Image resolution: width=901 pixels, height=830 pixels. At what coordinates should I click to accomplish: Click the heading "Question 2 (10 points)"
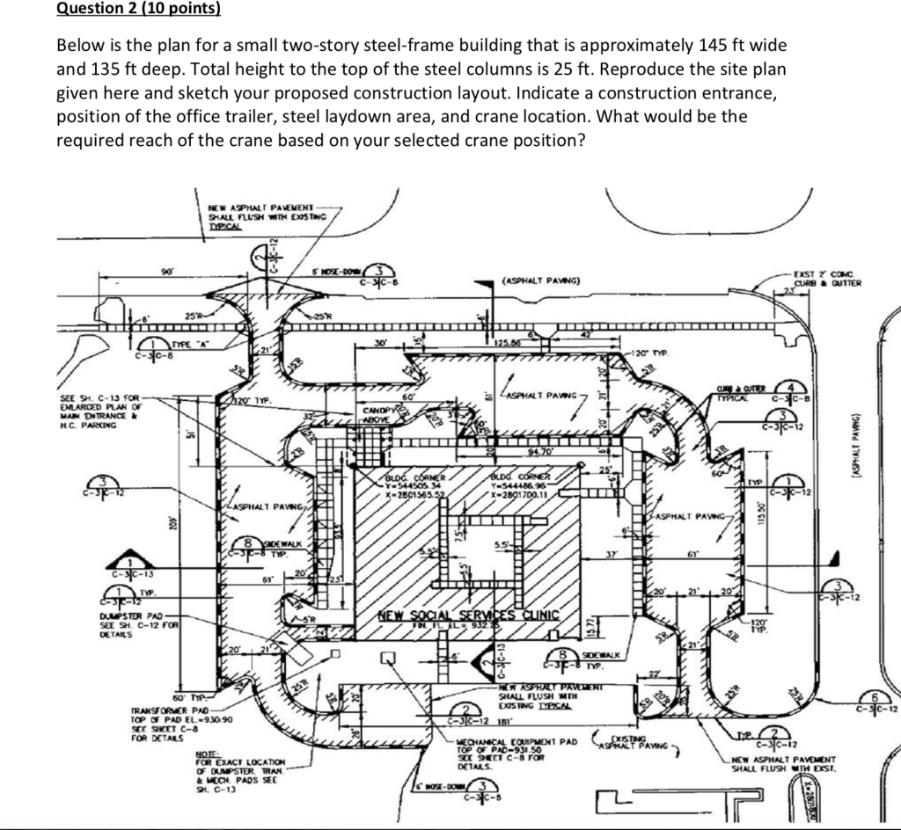[x=139, y=10]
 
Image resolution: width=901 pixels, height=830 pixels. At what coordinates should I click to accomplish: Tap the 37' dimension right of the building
[x=612, y=551]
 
